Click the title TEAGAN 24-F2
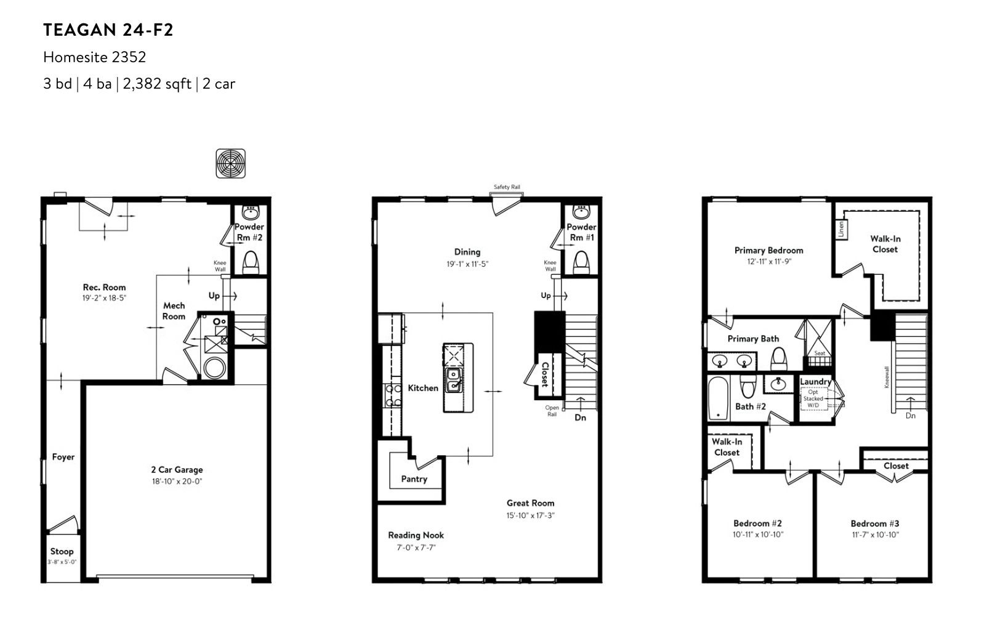tap(108, 30)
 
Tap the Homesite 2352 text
tap(95, 57)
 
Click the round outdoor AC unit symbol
tap(230, 163)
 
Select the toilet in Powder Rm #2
tap(251, 262)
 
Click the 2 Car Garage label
tap(177, 470)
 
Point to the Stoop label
tap(62, 551)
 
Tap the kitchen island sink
tap(454, 381)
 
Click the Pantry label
tap(414, 479)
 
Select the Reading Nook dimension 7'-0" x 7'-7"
tap(416, 548)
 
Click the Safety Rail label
tap(507, 187)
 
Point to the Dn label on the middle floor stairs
tap(580, 418)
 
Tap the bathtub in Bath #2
tap(718, 398)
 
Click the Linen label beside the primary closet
tap(841, 230)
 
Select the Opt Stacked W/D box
tap(814, 398)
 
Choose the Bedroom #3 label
tap(874, 523)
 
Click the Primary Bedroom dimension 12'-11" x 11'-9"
tap(769, 262)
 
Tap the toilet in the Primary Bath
tap(778, 358)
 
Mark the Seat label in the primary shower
tap(820, 353)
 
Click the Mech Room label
tap(174, 311)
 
